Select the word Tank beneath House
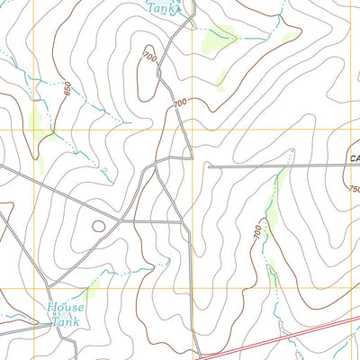pyautogui.click(x=65, y=321)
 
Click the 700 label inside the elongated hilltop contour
pyautogui.click(x=147, y=59)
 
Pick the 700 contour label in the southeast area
pyautogui.click(x=259, y=232)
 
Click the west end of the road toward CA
pyautogui.click(x=209, y=166)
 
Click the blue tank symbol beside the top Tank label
pyautogui.click(x=178, y=11)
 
